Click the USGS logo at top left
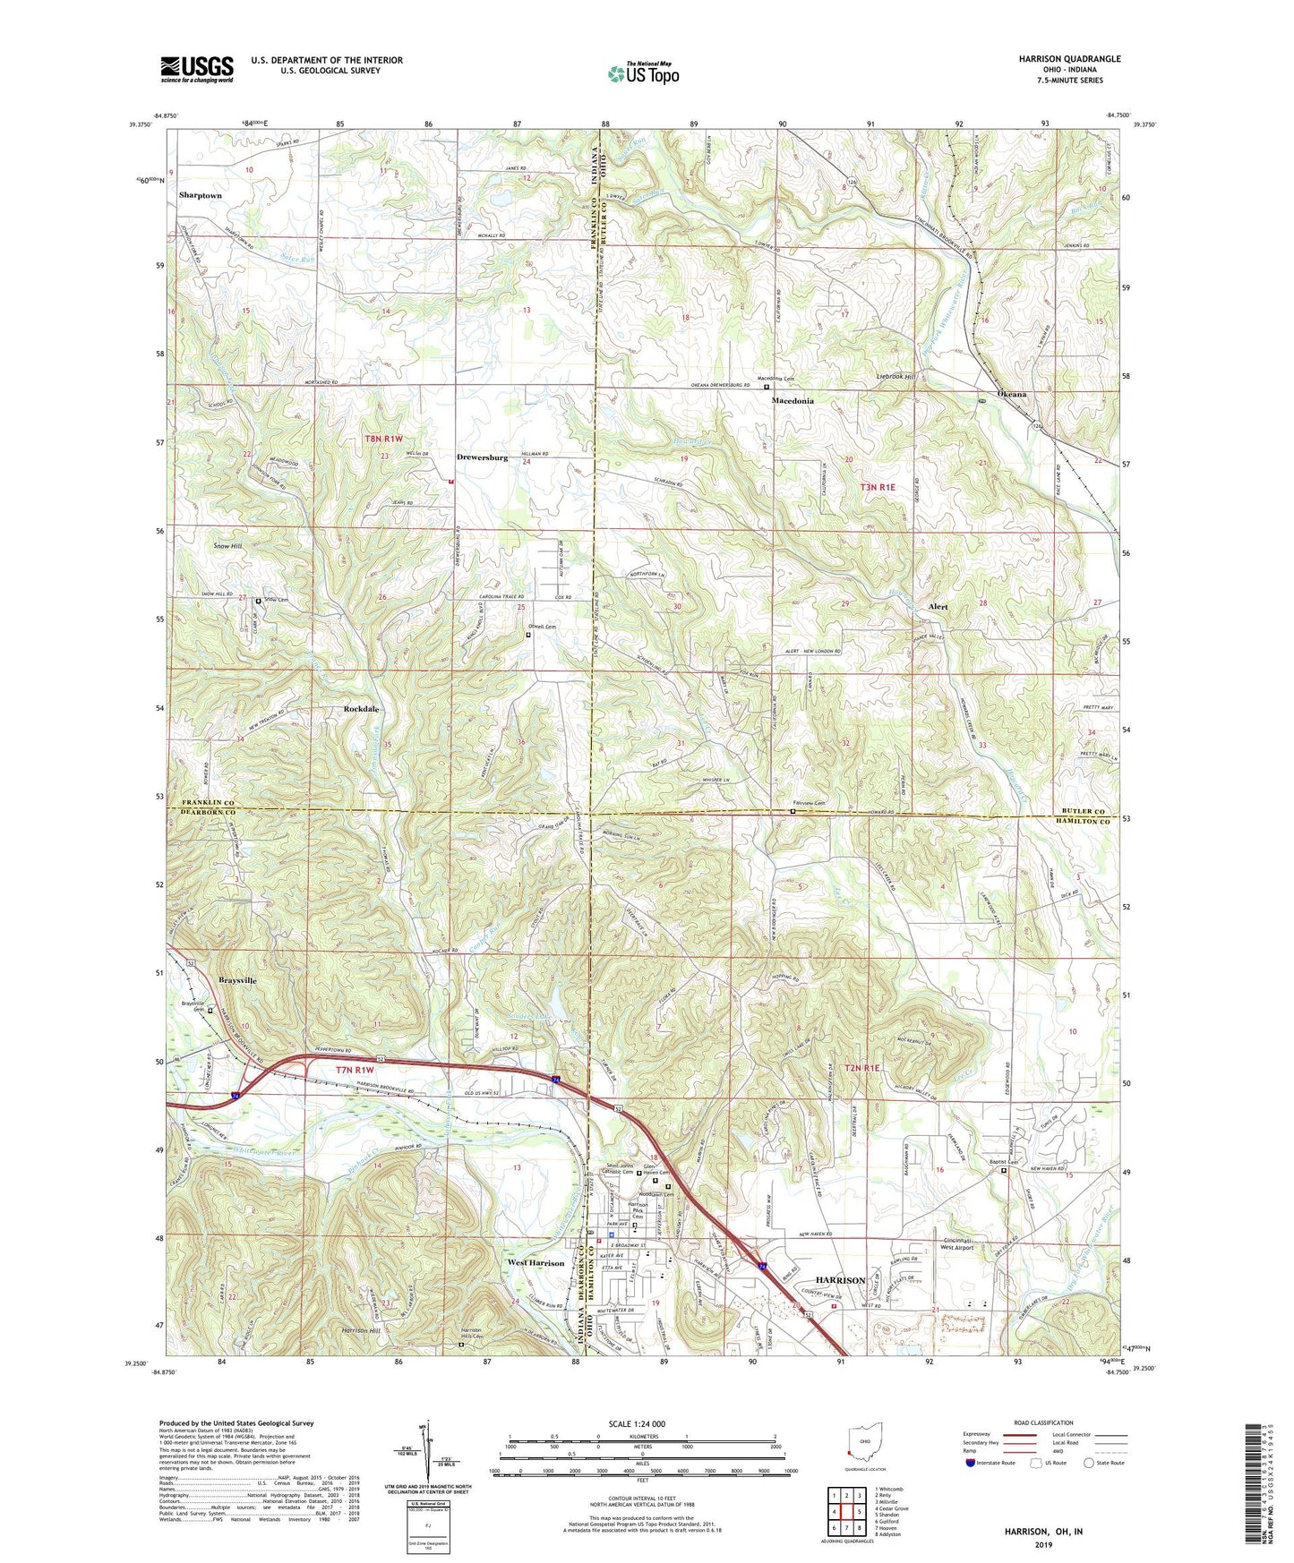197,69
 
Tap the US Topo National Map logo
643,73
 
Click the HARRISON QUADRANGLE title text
1068,59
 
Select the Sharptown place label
200,195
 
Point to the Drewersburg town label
482,457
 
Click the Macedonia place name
793,401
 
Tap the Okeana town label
1011,394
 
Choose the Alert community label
938,607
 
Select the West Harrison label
536,1263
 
